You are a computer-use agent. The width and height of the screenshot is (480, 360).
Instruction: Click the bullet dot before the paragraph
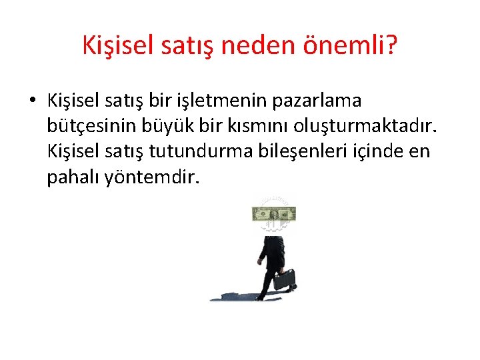click(32, 101)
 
